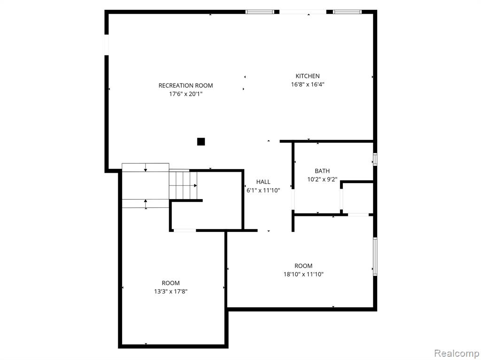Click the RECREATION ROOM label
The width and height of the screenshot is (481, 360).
(186, 85)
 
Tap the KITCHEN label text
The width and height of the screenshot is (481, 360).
(308, 76)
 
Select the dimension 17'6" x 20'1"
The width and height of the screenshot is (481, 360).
(186, 94)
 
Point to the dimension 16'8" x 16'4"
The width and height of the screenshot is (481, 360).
(308, 84)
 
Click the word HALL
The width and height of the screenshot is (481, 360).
(263, 182)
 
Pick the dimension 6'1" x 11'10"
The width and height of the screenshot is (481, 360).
(263, 190)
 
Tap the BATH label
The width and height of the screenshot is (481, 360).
(322, 171)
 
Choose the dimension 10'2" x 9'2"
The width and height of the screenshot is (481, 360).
(322, 179)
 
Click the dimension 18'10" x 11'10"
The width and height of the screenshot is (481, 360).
(303, 274)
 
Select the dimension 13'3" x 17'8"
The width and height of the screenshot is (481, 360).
(171, 291)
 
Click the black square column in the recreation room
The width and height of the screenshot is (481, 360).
(201, 142)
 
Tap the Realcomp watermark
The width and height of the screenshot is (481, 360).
(457, 353)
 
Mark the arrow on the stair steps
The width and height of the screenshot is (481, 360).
(183, 185)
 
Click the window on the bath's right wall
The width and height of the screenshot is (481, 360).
(375, 159)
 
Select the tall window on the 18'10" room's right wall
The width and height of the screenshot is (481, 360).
(375, 256)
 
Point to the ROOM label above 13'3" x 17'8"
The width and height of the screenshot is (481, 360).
(171, 283)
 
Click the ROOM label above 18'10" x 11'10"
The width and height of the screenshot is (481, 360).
(303, 266)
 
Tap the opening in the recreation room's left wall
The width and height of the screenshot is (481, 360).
(107, 45)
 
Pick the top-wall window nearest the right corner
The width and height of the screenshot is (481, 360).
(347, 12)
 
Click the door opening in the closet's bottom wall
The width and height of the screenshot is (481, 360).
(185, 230)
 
